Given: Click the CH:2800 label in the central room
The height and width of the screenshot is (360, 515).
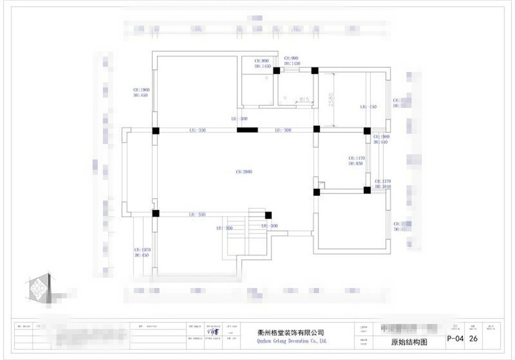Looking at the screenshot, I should pyautogui.click(x=244, y=172).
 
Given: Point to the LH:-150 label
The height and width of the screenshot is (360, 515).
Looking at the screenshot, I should pyautogui.click(x=368, y=107).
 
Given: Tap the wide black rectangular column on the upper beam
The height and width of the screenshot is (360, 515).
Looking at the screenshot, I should pyautogui.click(x=247, y=130).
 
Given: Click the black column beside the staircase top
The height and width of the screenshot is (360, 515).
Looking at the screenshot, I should pyautogui.click(x=268, y=215).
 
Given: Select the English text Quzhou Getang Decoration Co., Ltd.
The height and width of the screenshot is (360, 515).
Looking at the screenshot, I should pyautogui.click(x=291, y=341).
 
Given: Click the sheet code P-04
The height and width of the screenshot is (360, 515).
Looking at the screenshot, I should pyautogui.click(x=456, y=339).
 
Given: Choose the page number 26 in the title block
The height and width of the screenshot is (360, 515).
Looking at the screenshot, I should pyautogui.click(x=474, y=339).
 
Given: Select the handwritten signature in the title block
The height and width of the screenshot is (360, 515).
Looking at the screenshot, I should pyautogui.click(x=212, y=332).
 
